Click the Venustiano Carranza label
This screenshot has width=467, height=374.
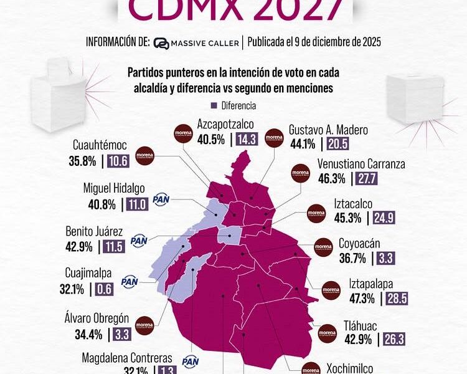[x=361, y=165]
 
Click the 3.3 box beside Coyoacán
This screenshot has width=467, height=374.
[x=382, y=257]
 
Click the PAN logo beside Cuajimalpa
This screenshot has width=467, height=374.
[x=130, y=282]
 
